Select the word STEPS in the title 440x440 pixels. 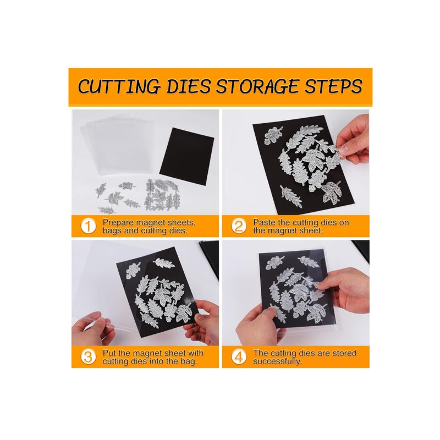[x=334, y=87]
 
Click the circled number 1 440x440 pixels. [x=87, y=227]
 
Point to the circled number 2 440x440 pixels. [x=238, y=227]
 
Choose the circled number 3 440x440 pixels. [x=87, y=357]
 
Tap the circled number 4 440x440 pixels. [x=238, y=357]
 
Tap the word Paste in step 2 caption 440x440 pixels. [x=265, y=223]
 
